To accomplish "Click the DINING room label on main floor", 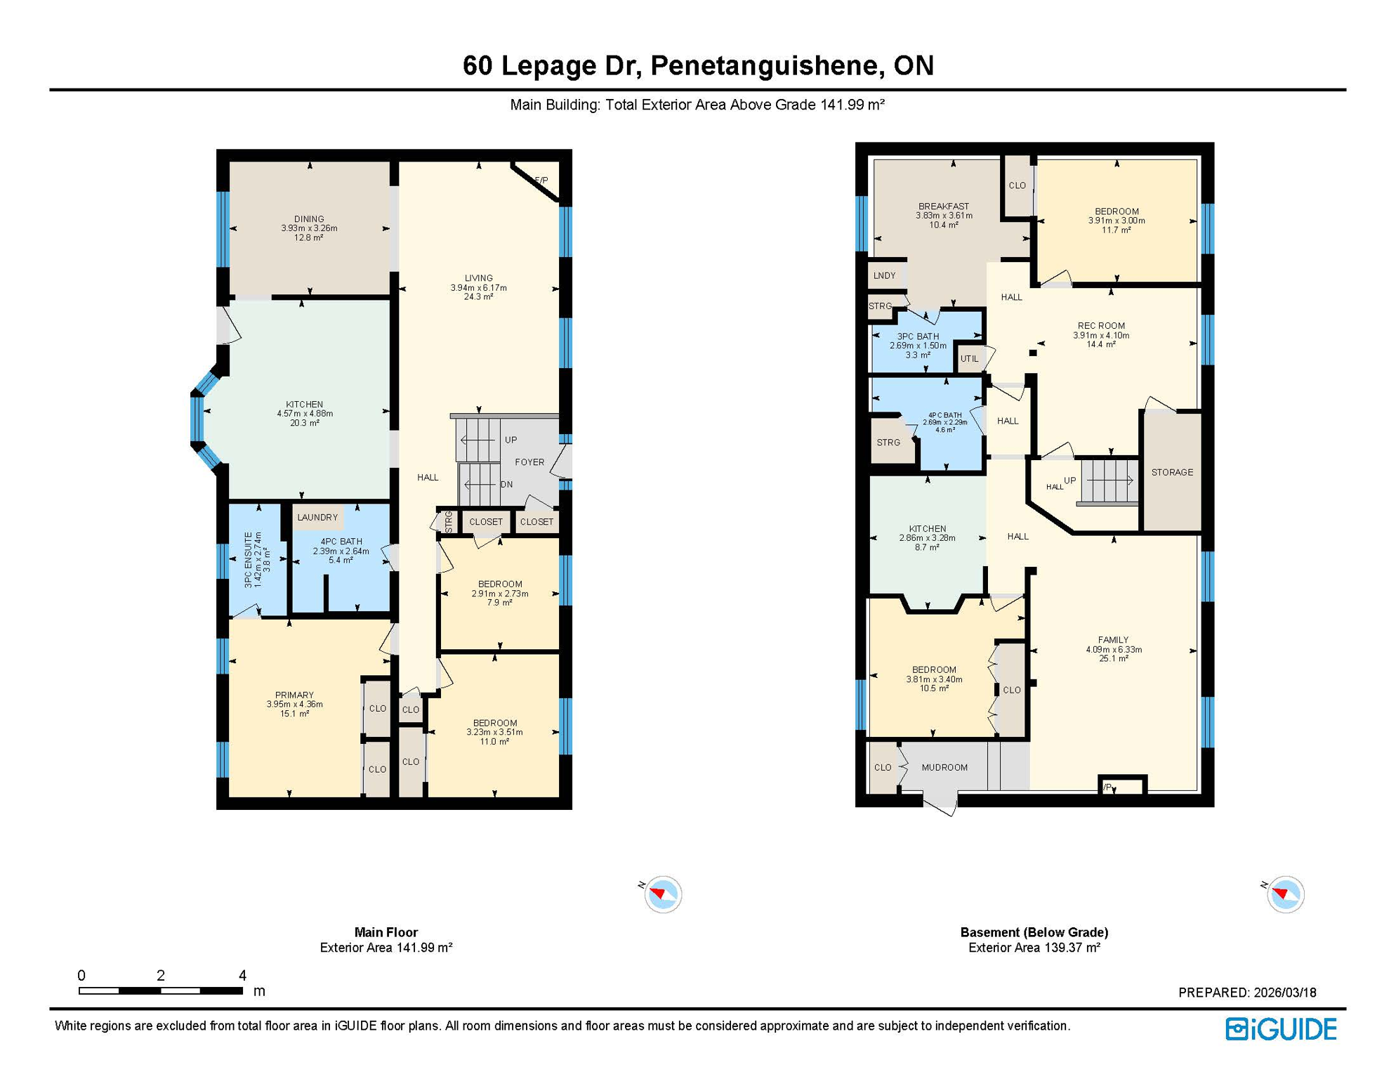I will click(x=309, y=218).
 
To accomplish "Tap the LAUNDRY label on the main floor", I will click(x=317, y=517).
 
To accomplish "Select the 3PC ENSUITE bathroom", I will click(x=257, y=560).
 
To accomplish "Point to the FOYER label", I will click(x=529, y=462).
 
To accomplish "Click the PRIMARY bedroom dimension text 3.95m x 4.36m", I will click(x=294, y=704).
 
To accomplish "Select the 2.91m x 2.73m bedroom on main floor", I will click(x=499, y=593).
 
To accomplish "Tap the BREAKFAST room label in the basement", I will click(x=943, y=207).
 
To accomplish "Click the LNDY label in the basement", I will click(x=884, y=275).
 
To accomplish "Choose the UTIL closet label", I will click(x=969, y=358).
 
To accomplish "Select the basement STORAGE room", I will click(x=1172, y=472).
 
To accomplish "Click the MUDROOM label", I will click(x=944, y=767).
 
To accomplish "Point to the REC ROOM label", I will click(x=1101, y=325).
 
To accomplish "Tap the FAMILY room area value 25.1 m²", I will click(x=1113, y=658).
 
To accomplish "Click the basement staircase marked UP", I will click(x=1107, y=480).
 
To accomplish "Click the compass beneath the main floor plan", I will click(x=662, y=894).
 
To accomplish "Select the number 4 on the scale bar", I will click(x=242, y=975).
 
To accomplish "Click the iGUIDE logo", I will click(x=1281, y=1029).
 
